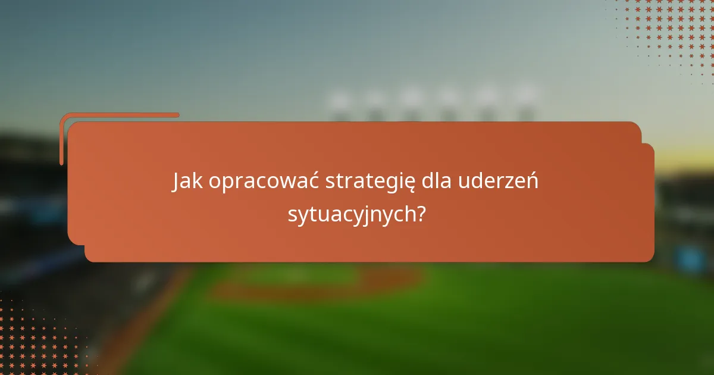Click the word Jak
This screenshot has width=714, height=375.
tap(187, 182)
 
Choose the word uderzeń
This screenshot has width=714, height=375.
tap(499, 182)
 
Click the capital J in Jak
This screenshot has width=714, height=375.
tap(177, 182)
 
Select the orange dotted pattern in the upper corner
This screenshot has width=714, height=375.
tap(666, 30)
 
